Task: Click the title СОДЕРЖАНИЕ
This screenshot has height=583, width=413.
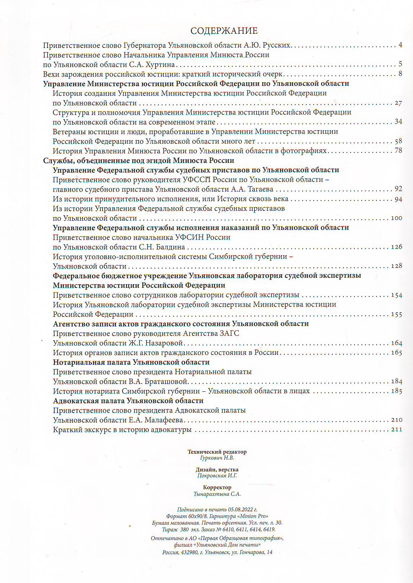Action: coord(224,31)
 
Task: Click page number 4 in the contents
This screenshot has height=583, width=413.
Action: coord(400,45)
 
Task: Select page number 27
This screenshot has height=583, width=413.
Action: coord(398,103)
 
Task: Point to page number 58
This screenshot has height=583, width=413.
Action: coord(398,141)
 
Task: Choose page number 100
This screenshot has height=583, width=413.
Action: coord(396,218)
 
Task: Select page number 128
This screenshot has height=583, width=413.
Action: coord(396,266)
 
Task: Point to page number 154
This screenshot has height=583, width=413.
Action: coord(396,295)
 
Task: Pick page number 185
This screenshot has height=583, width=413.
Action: coord(396,391)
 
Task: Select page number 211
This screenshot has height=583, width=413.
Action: coord(396,430)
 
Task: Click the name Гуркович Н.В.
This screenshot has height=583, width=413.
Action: coord(217,458)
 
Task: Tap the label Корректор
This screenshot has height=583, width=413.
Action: coord(217,488)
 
